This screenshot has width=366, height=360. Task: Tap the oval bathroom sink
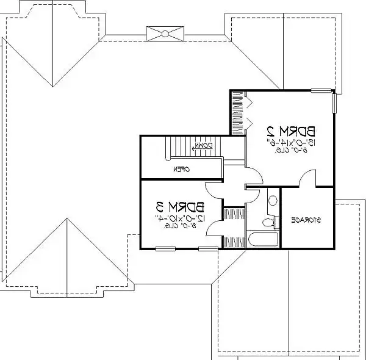tap(273, 200)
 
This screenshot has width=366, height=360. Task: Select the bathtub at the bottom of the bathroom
tap(263, 240)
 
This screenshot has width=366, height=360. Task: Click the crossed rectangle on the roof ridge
tap(165, 33)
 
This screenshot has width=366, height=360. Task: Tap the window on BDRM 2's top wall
tap(321, 90)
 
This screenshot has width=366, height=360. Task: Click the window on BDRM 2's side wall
tap(334, 103)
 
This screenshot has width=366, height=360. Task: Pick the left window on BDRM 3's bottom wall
tap(165, 248)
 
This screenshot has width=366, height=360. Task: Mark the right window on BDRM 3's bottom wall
tap(208, 248)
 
